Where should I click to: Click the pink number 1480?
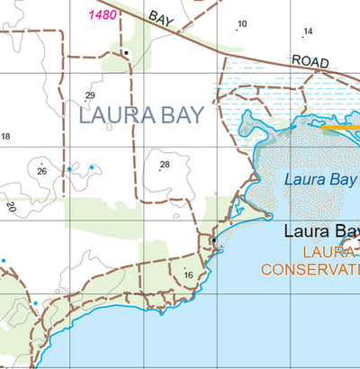[102, 15]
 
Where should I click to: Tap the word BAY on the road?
[161, 18]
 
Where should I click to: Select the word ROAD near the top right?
[309, 60]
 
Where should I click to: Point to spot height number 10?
[242, 24]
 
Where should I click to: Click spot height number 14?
[308, 31]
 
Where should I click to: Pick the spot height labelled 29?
[90, 95]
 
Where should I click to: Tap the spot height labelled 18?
[5, 137]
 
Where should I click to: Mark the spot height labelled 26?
[41, 171]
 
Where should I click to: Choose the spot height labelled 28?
[165, 165]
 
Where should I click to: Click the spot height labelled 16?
[188, 275]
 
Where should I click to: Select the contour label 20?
[11, 207]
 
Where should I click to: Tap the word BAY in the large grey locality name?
[183, 115]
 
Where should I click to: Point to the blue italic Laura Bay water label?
[320, 179]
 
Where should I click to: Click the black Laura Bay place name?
[321, 230]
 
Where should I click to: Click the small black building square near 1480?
[127, 52]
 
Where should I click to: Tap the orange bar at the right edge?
[340, 129]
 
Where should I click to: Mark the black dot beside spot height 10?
[237, 31]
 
